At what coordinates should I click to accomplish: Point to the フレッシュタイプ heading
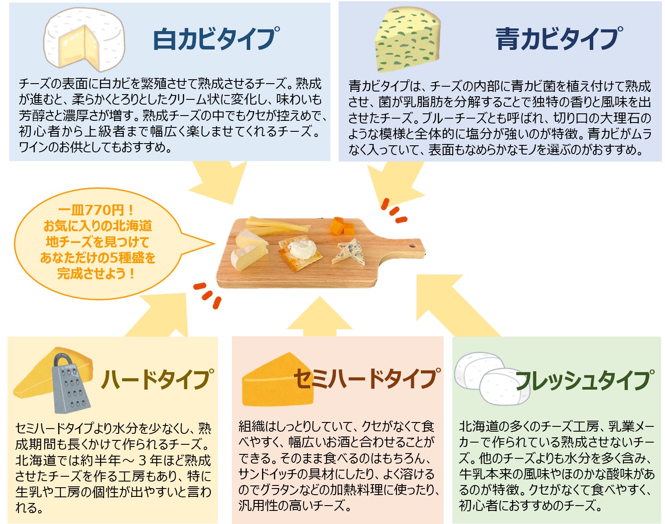click(584, 380)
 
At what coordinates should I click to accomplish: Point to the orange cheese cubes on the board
click(342, 226)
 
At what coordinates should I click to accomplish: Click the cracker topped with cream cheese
click(301, 252)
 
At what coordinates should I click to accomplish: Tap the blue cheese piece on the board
click(349, 252)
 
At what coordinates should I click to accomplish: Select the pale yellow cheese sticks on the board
click(276, 225)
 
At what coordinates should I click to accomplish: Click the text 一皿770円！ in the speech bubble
click(96, 210)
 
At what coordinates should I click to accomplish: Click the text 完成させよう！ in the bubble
click(96, 274)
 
